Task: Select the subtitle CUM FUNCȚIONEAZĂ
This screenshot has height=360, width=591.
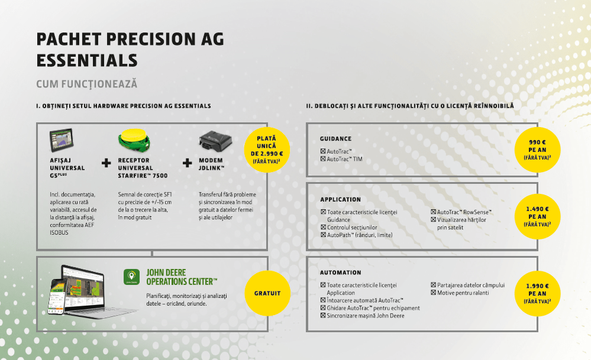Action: (x=87, y=85)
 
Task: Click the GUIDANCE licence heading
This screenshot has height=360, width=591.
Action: (x=335, y=139)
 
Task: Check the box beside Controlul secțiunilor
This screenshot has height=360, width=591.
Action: (x=323, y=228)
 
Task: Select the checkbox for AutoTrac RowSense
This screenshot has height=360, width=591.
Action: (x=433, y=212)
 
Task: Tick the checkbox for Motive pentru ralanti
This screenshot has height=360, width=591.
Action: (x=433, y=293)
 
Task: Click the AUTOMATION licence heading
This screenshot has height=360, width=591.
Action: (x=340, y=273)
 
